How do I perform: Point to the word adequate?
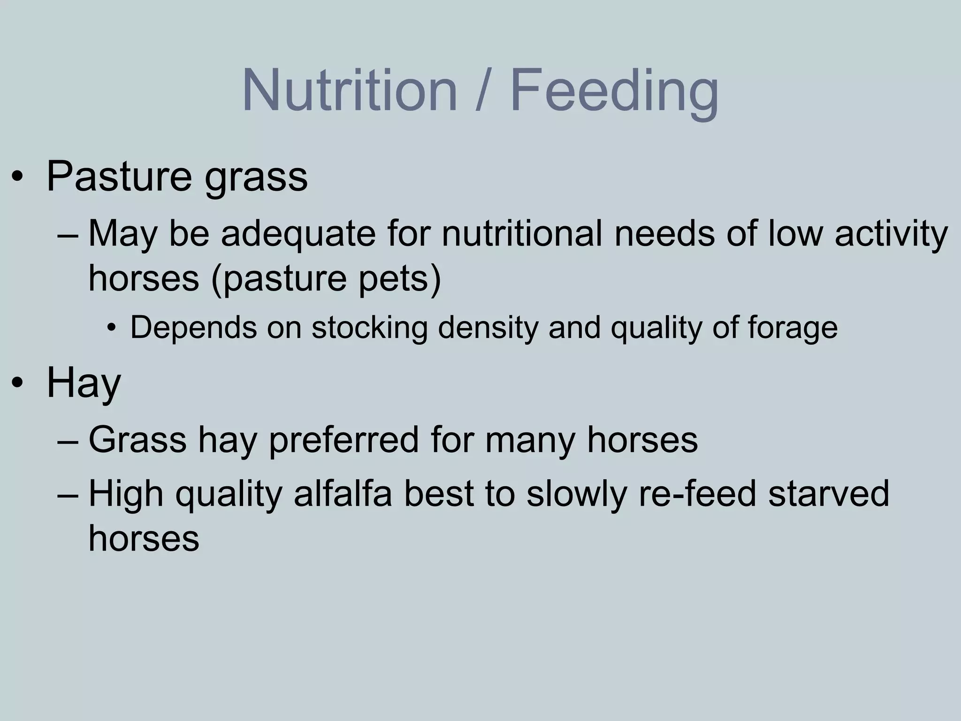tap(298, 235)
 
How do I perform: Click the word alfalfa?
tap(343, 494)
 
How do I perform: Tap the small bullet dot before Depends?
tap(111, 328)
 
